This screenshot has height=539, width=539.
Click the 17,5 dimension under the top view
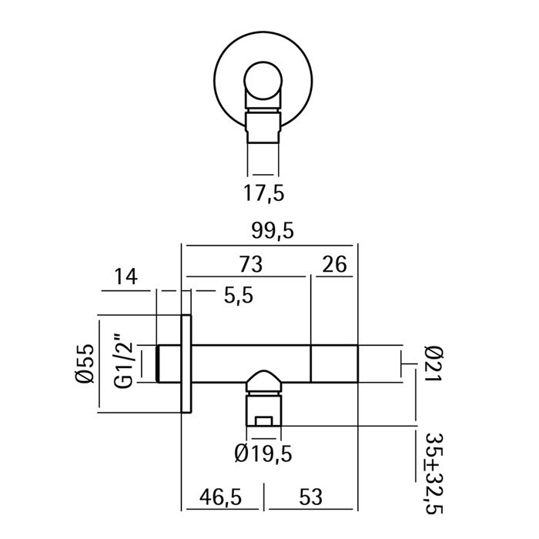tap(264, 192)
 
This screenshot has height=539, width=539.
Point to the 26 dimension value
tap(333, 264)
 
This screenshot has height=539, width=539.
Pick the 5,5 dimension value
tap(237, 296)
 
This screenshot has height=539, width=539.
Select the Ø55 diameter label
tap(85, 363)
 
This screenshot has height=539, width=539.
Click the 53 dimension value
tap(312, 497)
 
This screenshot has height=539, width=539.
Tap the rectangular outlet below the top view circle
tap(263, 127)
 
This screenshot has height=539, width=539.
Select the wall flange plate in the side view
tap(186, 363)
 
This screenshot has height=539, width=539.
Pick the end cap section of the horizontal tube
tap(335, 363)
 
